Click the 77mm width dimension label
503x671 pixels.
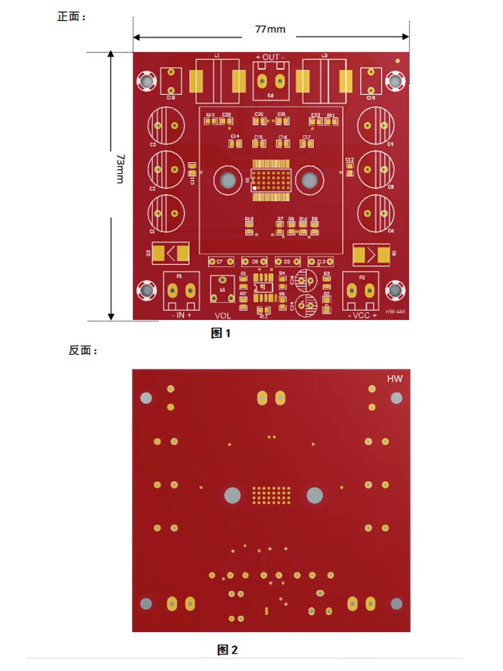[270, 30]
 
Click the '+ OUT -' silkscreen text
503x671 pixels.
[270, 58]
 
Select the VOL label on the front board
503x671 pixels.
[223, 315]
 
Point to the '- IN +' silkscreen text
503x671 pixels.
[181, 314]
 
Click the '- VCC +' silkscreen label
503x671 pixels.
[361, 314]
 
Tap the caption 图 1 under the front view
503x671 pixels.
[221, 333]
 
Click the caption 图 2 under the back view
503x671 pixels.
[227, 650]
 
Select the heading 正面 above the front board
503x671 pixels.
[72, 17]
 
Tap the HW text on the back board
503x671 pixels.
[394, 379]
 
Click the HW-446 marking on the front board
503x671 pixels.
[396, 312]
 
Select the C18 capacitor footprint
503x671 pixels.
[172, 81]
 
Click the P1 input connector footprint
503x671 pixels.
[181, 289]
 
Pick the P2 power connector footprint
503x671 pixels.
[361, 289]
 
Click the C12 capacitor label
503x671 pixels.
[349, 159]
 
